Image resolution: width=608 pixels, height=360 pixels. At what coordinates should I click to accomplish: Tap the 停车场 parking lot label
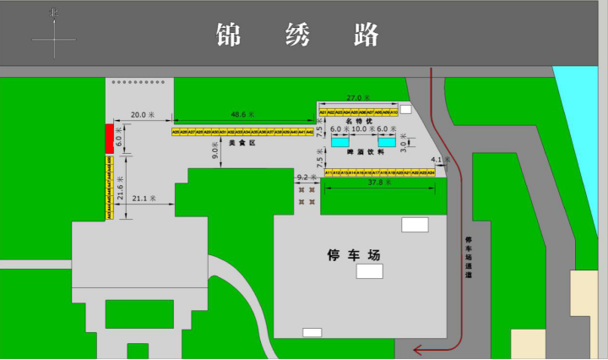tap(355, 254)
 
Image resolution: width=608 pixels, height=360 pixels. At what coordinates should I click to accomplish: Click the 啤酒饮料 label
tap(366, 152)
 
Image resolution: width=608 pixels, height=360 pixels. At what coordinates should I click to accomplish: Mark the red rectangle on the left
tap(109, 139)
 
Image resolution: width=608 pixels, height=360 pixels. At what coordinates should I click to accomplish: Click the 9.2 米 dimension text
tap(307, 177)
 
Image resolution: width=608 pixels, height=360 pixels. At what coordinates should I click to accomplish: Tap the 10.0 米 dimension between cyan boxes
tap(364, 129)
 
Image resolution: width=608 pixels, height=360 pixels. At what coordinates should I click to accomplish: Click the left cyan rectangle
tap(339, 142)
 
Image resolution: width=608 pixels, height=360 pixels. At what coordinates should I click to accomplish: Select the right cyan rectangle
tap(387, 142)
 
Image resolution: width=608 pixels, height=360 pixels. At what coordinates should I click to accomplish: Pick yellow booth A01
tap(323, 112)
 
